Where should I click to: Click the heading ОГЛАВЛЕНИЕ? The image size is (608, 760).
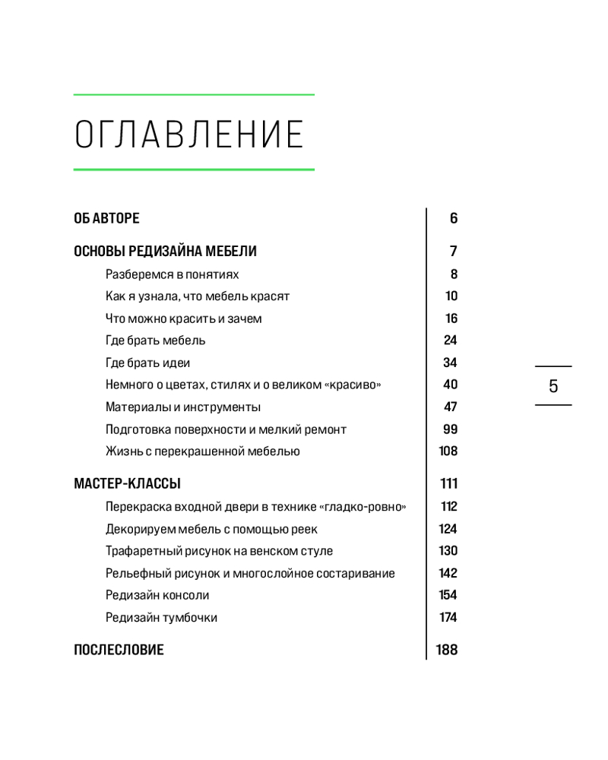point(189,134)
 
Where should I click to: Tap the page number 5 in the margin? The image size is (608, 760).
point(553,386)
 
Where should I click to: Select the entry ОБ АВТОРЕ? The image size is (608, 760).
point(106,219)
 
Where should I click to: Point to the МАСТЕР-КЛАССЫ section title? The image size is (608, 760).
point(127,483)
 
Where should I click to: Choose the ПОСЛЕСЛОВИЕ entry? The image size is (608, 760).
point(119,650)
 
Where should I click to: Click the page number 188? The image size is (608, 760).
point(447,650)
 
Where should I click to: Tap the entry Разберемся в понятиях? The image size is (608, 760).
point(172,274)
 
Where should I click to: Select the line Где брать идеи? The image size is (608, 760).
point(147,363)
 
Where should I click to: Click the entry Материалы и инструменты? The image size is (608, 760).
point(182,407)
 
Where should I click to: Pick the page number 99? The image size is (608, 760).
point(450,429)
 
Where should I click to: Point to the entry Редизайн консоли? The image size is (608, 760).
point(157,595)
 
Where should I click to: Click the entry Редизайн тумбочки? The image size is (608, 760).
point(161,617)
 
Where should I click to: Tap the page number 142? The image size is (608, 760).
point(448,573)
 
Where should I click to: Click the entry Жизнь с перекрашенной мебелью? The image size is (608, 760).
point(202,451)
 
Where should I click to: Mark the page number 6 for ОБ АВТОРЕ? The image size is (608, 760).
point(454,219)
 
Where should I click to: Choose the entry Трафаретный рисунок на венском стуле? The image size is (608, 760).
point(219,551)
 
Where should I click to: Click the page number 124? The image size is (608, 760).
point(448,529)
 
